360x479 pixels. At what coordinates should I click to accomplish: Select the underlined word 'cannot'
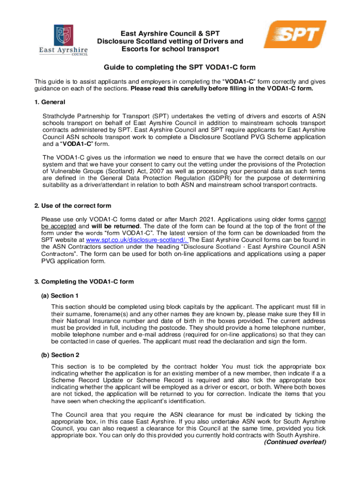tap(316, 219)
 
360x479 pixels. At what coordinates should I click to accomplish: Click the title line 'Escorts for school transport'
tap(170, 49)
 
